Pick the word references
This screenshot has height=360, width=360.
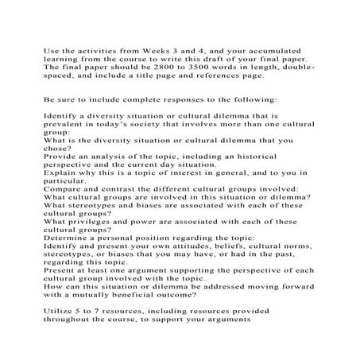tap(230, 78)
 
